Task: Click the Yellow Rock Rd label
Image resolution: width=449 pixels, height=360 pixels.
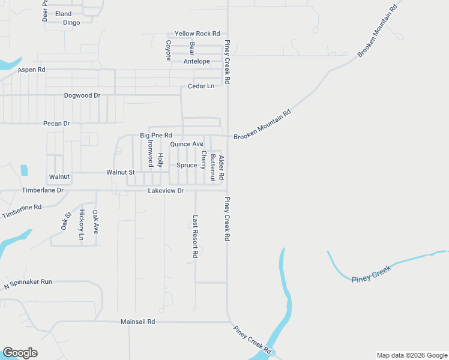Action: (197, 34)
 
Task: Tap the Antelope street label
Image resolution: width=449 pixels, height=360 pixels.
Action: (197, 61)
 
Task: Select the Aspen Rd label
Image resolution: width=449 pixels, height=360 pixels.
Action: (32, 70)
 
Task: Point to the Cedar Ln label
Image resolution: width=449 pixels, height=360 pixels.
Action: (201, 86)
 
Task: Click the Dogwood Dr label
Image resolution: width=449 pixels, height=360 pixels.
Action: (82, 95)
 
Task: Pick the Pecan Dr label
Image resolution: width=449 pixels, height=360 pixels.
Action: (57, 123)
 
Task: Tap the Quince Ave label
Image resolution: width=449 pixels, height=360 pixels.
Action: (187, 144)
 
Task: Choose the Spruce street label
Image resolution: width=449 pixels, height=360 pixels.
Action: (187, 165)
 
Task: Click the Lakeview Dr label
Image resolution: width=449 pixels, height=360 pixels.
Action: (166, 191)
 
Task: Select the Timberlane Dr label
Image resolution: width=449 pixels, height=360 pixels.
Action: (43, 190)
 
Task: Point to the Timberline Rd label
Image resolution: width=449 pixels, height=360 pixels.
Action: (22, 211)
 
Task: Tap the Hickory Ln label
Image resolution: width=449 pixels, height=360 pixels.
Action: (81, 225)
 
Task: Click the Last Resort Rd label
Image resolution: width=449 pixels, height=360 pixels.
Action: (195, 236)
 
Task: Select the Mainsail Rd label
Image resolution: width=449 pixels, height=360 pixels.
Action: (137, 322)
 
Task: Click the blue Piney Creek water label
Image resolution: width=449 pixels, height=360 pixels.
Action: (371, 274)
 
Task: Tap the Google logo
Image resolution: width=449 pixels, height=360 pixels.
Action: (20, 353)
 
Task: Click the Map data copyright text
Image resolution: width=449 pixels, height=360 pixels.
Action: (411, 355)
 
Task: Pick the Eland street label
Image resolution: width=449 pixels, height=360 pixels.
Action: (63, 14)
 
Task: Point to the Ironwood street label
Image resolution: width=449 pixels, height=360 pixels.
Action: (150, 154)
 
